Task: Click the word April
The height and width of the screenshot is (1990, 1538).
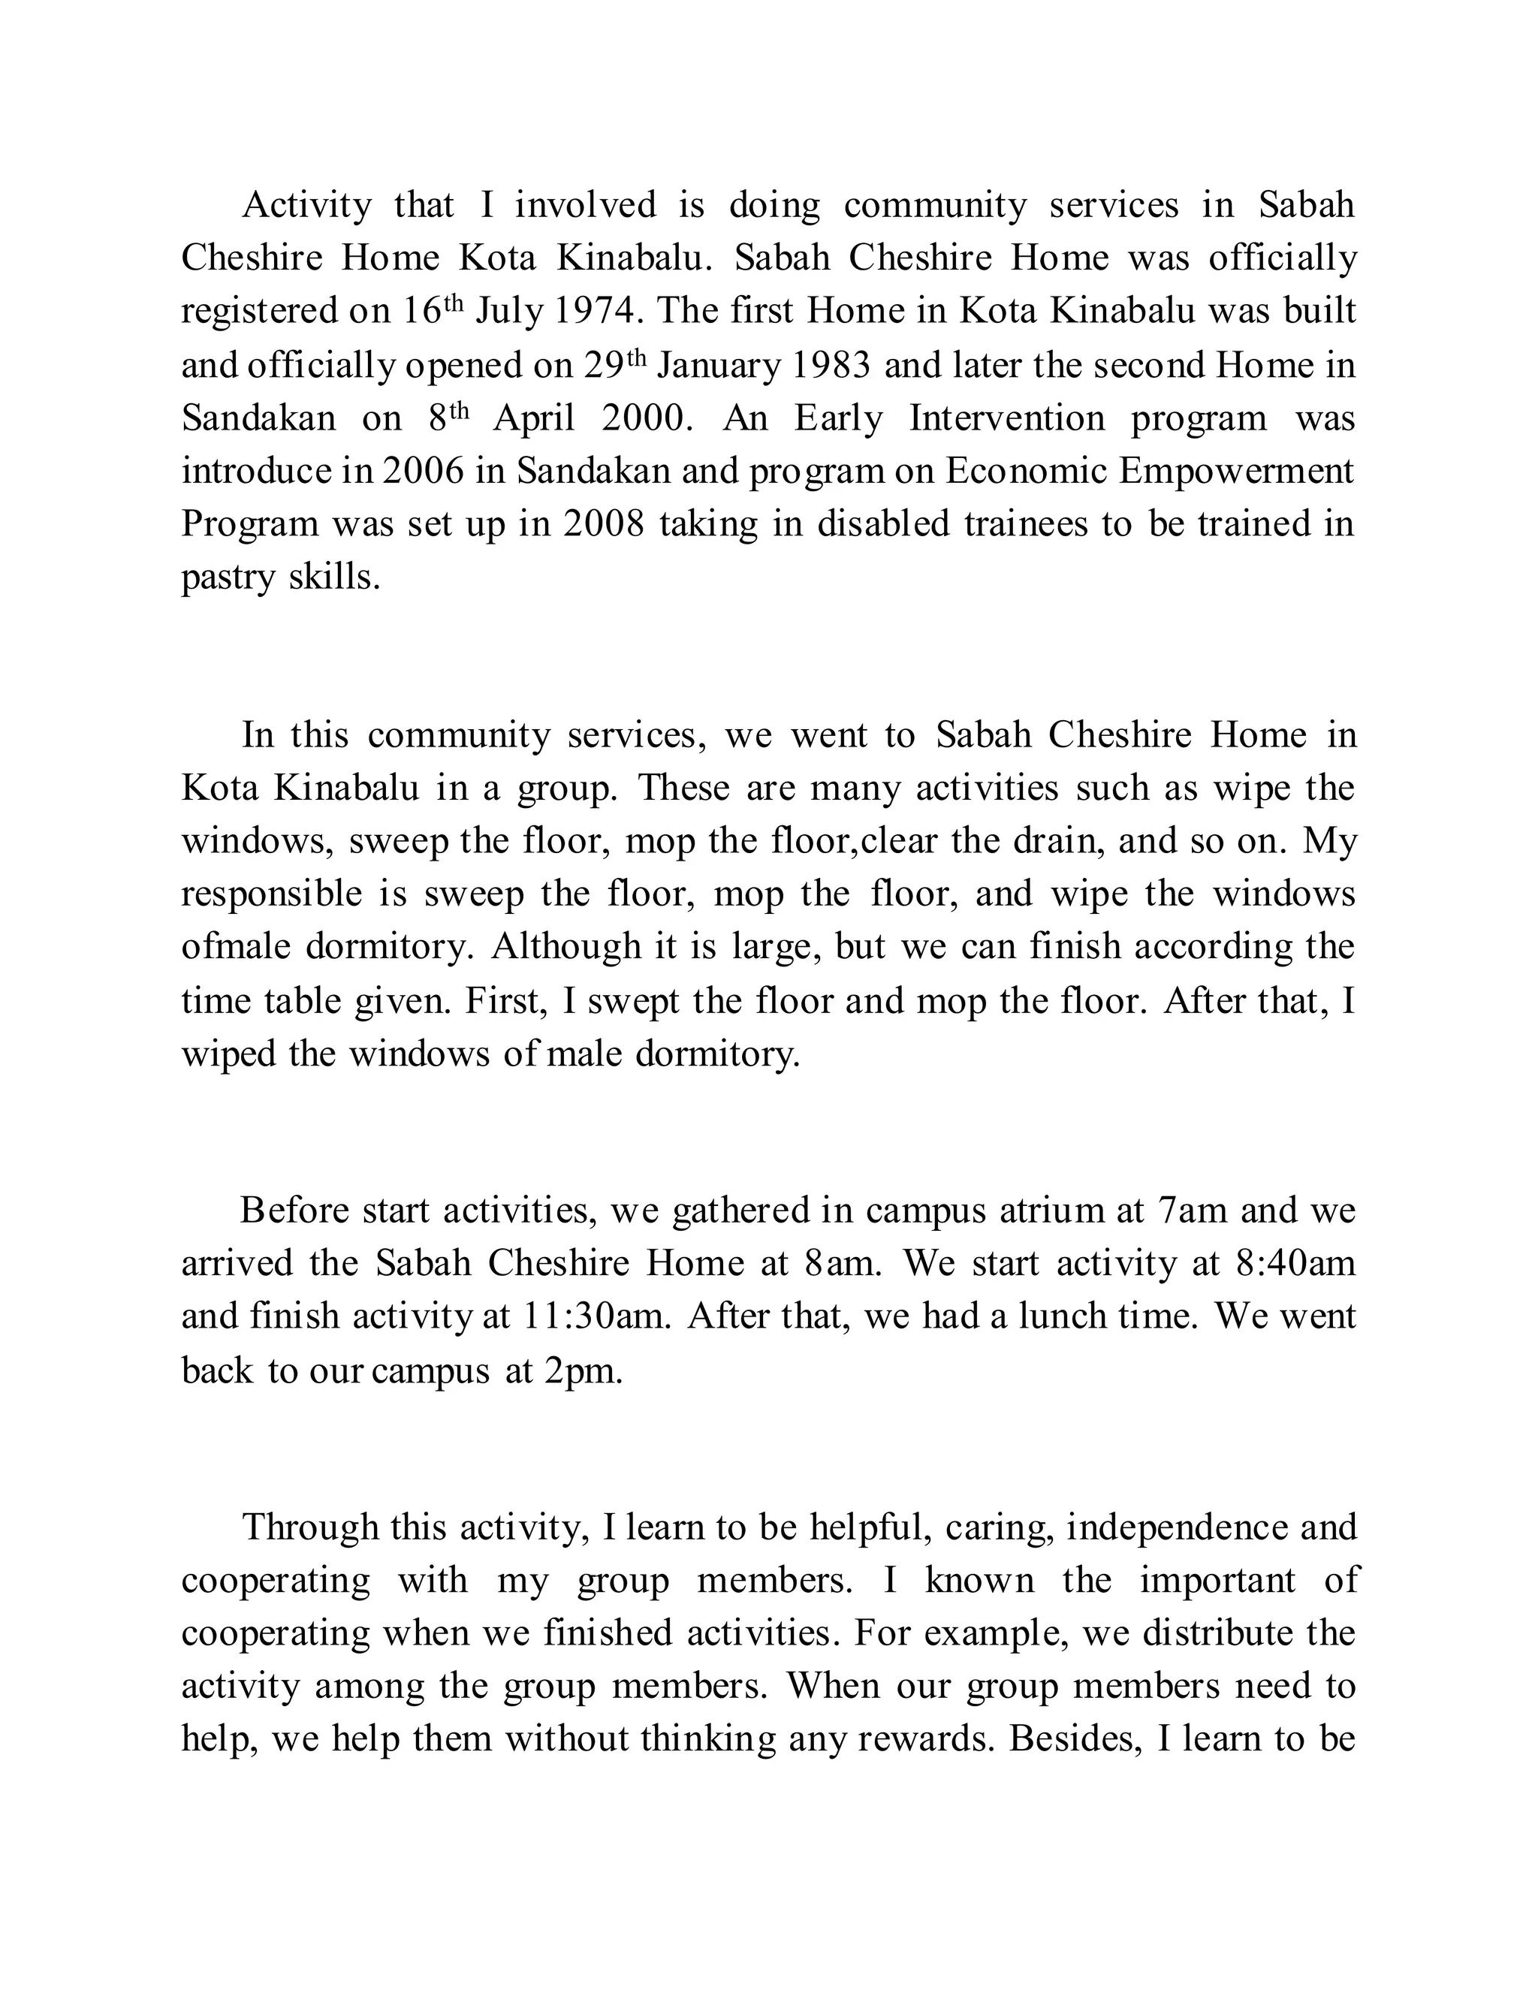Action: tap(534, 418)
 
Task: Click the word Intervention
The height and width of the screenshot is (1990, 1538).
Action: tap(1007, 418)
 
